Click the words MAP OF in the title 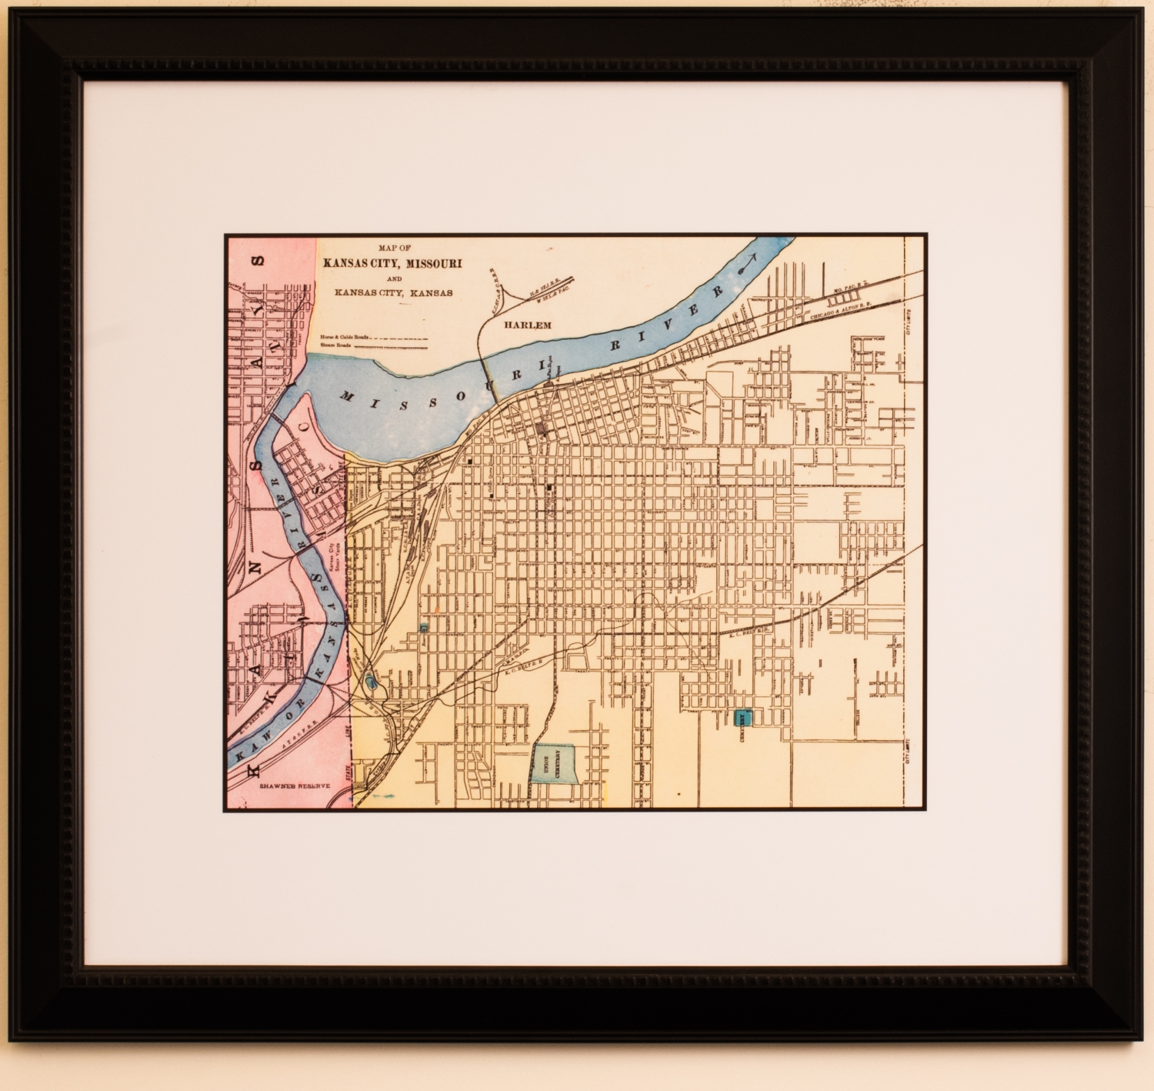[394, 248]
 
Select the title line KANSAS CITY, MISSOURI [392, 263]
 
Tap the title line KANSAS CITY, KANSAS [393, 292]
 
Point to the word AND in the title [393, 279]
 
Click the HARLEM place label [528, 325]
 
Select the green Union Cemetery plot [555, 763]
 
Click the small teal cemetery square [743, 718]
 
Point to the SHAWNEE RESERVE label [294, 786]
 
